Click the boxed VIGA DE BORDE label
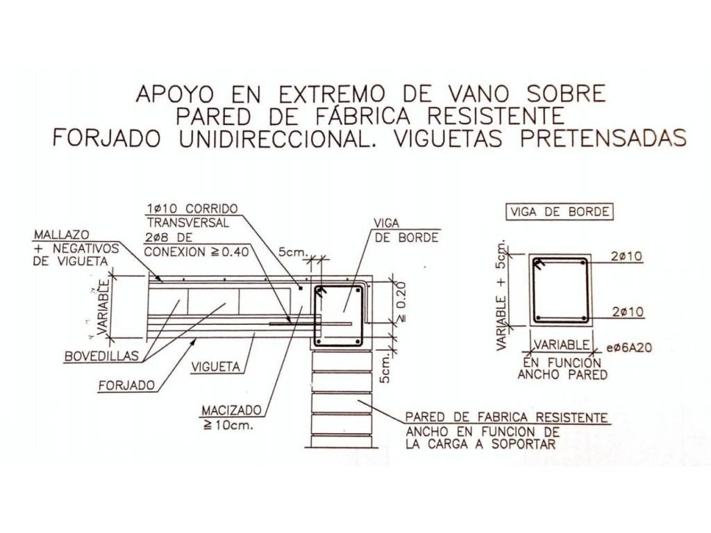tap(559, 212)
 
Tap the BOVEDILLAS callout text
tap(101, 356)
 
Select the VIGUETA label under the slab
tap(215, 366)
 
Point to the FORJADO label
tap(126, 386)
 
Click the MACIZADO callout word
tap(232, 411)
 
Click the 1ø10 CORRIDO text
tap(192, 208)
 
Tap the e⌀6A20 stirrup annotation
tap(629, 348)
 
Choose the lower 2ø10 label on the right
tap(628, 312)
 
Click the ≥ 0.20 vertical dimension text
tap(401, 302)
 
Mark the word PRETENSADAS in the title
tap(603, 138)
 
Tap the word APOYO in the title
tap(174, 94)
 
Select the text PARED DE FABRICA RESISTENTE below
tap(506, 417)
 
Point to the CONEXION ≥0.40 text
tap(196, 251)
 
